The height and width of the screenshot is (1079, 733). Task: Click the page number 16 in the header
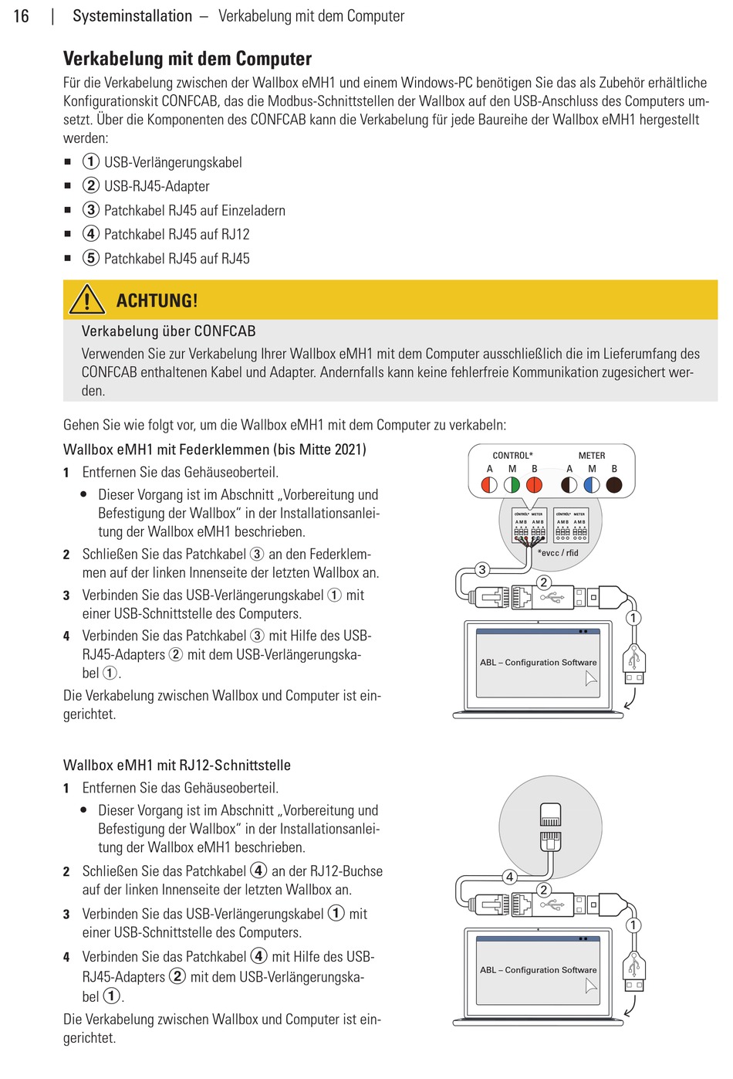[x=21, y=16]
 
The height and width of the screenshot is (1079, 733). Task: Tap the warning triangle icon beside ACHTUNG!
[x=86, y=300]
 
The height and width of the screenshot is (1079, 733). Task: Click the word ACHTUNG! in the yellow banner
[x=157, y=300]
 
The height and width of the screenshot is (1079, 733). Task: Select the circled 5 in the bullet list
[x=91, y=258]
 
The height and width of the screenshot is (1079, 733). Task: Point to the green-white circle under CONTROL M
[x=512, y=485]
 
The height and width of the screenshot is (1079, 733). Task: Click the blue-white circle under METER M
[x=592, y=485]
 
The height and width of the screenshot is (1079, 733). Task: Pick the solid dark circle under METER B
[x=614, y=485]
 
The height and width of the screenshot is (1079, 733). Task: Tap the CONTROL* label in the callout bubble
[x=512, y=456]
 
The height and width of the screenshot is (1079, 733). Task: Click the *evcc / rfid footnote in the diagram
[x=558, y=553]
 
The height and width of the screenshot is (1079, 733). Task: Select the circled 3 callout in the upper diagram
[x=482, y=570]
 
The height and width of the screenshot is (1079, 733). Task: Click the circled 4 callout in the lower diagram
[x=509, y=877]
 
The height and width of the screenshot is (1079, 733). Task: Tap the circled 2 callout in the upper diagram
[x=544, y=582]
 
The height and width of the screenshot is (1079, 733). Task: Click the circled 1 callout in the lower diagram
[x=633, y=925]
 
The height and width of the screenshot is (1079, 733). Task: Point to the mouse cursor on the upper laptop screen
[x=591, y=679]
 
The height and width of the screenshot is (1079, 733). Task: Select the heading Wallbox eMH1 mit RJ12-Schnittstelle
[x=177, y=765]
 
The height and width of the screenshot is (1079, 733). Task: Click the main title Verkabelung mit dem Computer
[x=187, y=59]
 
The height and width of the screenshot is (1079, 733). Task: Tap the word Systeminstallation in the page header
[x=132, y=16]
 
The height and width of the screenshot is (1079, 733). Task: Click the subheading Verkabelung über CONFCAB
[x=168, y=331]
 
